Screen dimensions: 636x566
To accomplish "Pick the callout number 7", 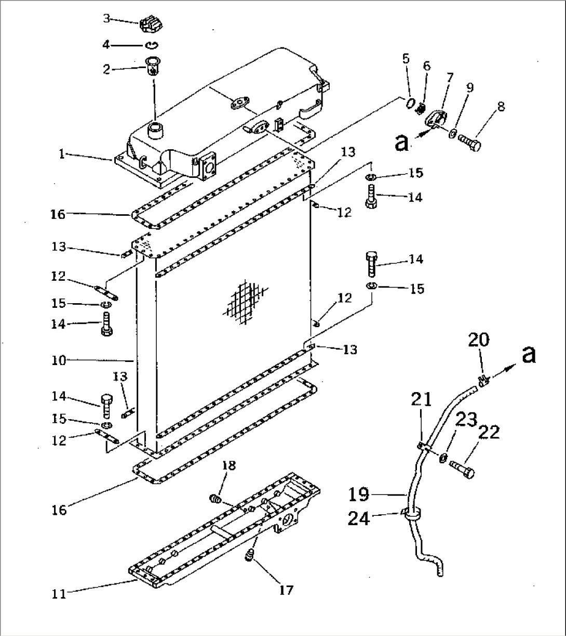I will [x=449, y=78].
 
